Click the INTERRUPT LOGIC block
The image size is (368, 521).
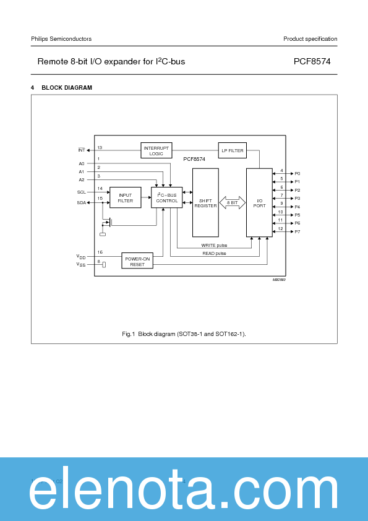(x=156, y=150)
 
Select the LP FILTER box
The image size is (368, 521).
(x=232, y=150)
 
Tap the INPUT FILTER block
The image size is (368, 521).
(x=125, y=198)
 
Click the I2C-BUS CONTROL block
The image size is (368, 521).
(x=167, y=197)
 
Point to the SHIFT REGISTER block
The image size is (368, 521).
(x=205, y=203)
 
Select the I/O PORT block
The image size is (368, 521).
(x=259, y=203)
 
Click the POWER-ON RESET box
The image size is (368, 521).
(x=137, y=261)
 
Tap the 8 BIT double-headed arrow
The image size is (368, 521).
(x=233, y=202)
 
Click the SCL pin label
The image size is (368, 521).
(x=82, y=192)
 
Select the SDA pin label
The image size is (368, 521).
(x=82, y=202)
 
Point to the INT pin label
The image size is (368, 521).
(x=82, y=150)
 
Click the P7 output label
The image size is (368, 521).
(x=297, y=231)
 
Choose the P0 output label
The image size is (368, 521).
(x=297, y=174)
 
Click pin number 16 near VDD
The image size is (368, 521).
(x=100, y=252)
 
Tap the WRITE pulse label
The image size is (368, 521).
(x=215, y=245)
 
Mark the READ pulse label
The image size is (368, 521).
(x=215, y=254)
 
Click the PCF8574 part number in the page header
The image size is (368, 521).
(x=315, y=62)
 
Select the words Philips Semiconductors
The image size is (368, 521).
(x=61, y=39)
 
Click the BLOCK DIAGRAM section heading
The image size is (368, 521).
(x=66, y=88)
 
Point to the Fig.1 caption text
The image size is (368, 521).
(x=184, y=334)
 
